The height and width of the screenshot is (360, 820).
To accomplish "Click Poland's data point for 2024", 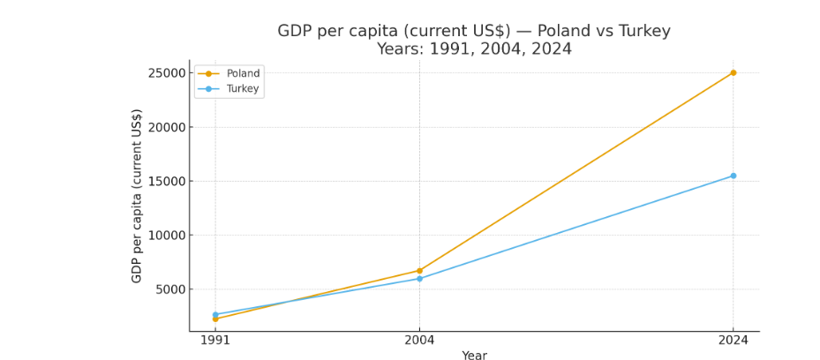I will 733,72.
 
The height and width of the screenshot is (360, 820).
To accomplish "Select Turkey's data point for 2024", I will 733,176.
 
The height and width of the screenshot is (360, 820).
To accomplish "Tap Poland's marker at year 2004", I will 419,271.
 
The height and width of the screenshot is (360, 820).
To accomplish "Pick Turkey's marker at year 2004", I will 419,279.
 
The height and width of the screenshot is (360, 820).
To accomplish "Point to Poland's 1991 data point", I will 215,319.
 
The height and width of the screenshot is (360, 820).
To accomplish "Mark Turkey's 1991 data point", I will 215,314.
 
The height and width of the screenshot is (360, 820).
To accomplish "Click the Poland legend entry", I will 243,74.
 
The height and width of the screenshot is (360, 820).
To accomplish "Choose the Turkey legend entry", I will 243,89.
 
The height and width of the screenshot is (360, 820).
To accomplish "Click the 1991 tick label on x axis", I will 215,341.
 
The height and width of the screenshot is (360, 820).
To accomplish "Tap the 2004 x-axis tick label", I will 419,341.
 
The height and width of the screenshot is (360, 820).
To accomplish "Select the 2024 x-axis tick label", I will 733,341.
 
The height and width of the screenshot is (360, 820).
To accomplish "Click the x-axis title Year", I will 474,355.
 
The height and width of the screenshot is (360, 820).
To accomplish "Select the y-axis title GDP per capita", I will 137,196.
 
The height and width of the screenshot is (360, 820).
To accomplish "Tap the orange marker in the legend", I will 208,74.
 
